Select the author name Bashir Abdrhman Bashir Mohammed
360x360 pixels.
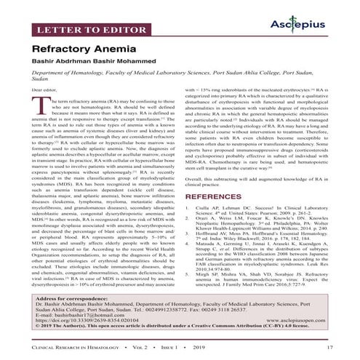(103, 65)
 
